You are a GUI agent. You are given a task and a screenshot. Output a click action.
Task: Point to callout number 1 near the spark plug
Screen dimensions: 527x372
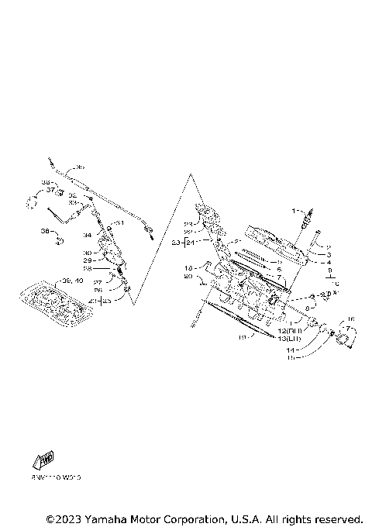coord(294,211)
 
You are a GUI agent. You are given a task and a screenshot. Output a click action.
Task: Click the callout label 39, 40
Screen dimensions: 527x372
coord(71,280)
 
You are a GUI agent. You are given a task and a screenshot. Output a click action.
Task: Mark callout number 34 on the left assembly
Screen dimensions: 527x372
coord(88,234)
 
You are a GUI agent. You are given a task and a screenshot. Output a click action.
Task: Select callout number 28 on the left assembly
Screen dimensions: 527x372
coord(88,268)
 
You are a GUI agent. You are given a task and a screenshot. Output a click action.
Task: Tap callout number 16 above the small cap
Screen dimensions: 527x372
coord(350,319)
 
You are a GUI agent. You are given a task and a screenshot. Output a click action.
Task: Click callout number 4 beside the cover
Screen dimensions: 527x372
coord(329,262)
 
